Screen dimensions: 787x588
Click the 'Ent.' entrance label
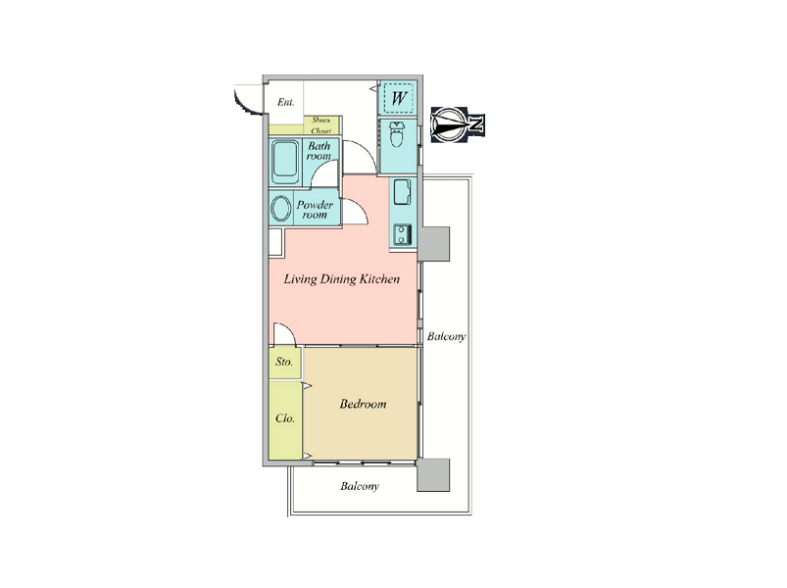tap(285, 102)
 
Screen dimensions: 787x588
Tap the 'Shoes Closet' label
tap(321, 125)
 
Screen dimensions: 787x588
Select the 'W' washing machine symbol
tap(399, 98)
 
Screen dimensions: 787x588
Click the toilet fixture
tap(397, 134)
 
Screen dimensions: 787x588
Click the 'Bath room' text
tap(320, 151)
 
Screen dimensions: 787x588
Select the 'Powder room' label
tap(315, 210)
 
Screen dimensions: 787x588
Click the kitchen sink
tap(403, 192)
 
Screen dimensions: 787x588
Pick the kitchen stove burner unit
tap(403, 234)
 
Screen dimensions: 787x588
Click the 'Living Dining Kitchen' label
tap(342, 279)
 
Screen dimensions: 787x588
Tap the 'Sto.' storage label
tap(284, 362)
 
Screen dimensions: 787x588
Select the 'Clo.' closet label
tap(285, 417)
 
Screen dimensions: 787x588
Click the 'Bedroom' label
tap(363, 404)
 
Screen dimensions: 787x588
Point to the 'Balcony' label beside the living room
tap(446, 337)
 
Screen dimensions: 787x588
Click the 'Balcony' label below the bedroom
tap(360, 486)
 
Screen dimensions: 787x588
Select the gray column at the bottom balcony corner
tap(433, 474)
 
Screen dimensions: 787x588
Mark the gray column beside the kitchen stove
tap(433, 244)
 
